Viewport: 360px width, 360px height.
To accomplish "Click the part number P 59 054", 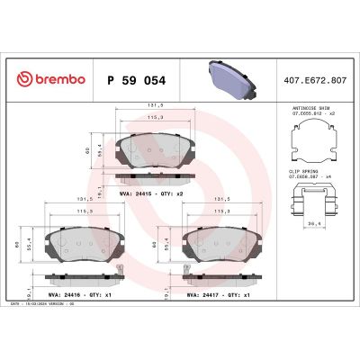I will (x=136, y=80).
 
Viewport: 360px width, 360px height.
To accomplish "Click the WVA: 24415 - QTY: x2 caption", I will (x=151, y=193).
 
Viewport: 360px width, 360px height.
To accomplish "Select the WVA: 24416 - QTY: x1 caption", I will (x=80, y=293).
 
